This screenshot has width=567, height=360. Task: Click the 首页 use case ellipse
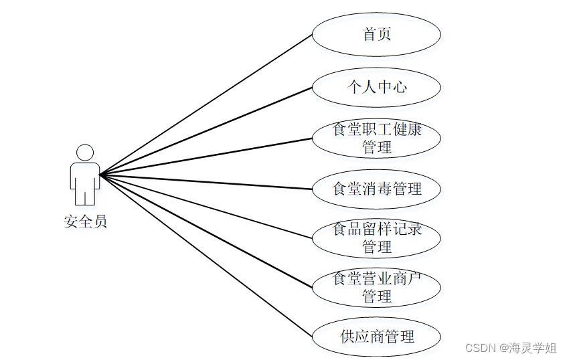(376, 34)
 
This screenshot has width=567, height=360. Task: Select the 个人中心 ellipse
(376, 87)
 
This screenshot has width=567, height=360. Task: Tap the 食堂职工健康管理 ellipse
(376, 139)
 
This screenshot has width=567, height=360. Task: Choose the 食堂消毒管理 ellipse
(376, 189)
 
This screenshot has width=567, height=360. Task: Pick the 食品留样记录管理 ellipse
(376, 238)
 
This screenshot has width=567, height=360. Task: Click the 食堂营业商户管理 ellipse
(376, 287)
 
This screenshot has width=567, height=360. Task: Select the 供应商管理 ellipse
(376, 337)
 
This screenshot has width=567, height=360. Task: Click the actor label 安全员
(85, 221)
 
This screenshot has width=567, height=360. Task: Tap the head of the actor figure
(85, 153)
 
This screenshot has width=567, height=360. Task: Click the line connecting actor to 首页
(206, 104)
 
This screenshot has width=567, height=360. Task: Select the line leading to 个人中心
(206, 131)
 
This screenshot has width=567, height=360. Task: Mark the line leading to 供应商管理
(206, 256)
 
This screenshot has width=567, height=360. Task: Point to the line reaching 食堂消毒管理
(206, 182)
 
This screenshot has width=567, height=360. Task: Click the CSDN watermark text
(479, 348)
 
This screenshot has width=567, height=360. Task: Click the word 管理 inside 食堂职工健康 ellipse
(376, 147)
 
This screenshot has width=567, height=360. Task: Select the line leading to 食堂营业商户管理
(206, 232)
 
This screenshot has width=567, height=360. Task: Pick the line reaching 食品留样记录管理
(206, 207)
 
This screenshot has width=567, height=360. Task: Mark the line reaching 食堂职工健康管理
(206, 157)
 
